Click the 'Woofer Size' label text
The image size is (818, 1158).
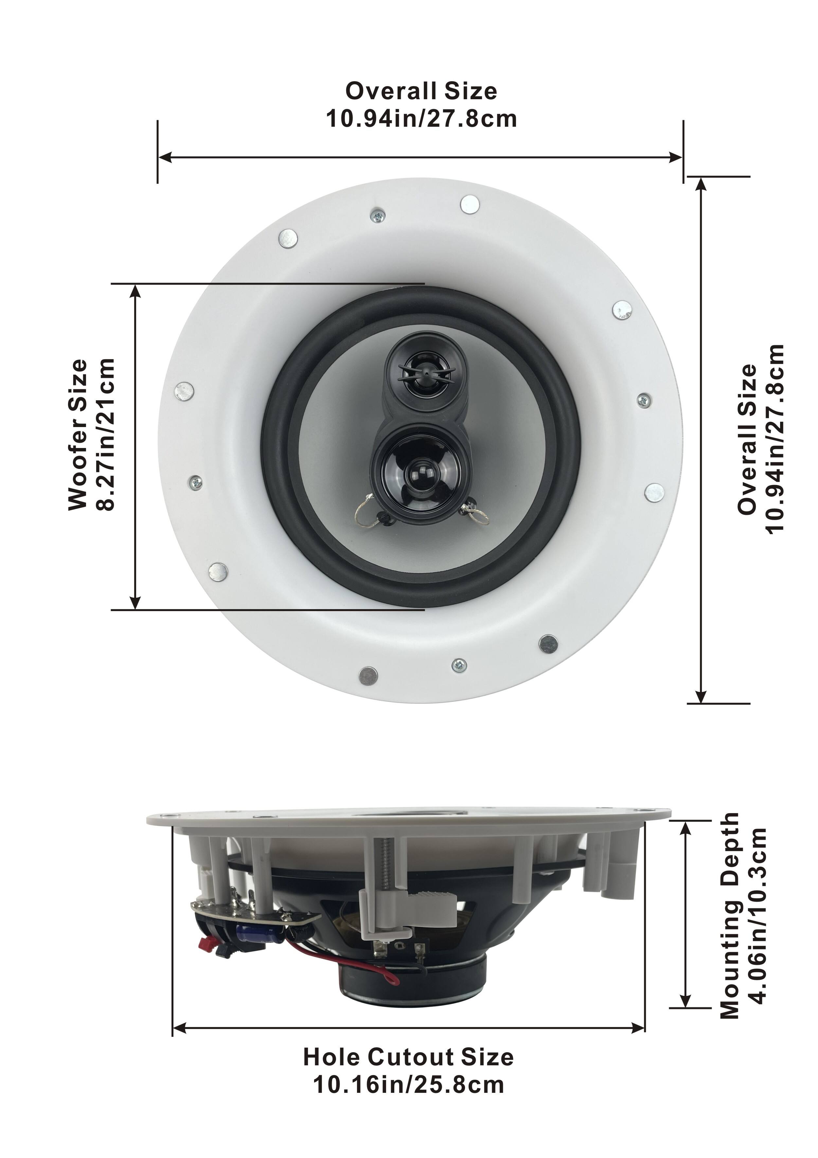78,435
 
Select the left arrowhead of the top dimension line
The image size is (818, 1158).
164,158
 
